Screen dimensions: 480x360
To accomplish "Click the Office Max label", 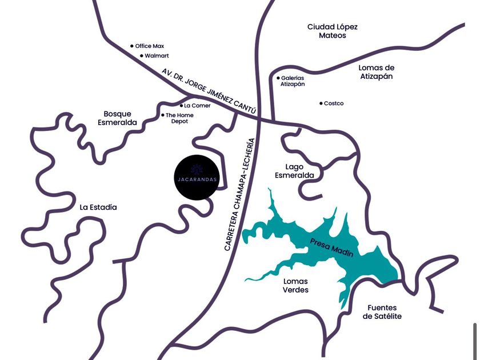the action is pyautogui.click(x=149, y=46).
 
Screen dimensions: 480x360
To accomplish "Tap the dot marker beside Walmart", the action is pyautogui.click(x=142, y=56).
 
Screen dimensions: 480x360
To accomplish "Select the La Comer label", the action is pyautogui.click(x=197, y=106).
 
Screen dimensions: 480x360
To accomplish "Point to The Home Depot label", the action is pyautogui.click(x=179, y=118).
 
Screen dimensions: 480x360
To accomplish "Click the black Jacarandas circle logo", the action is pyautogui.click(x=197, y=177).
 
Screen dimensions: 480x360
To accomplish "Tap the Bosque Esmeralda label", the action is pyautogui.click(x=117, y=118).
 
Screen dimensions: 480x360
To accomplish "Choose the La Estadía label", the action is pyautogui.click(x=98, y=207).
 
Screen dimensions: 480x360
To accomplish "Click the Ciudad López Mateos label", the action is pyautogui.click(x=333, y=31).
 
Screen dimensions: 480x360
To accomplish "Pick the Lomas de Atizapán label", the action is pyautogui.click(x=376, y=72).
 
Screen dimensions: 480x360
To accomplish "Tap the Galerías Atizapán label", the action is pyautogui.click(x=293, y=81).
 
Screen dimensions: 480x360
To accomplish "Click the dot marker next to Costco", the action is pyautogui.click(x=321, y=103).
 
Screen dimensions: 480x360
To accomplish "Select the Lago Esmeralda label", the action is pyautogui.click(x=294, y=171).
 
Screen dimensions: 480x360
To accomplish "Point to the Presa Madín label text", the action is pyautogui.click(x=331, y=247).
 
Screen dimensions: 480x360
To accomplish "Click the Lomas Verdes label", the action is pyautogui.click(x=295, y=286).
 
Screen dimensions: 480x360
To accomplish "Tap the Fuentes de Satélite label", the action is pyautogui.click(x=382, y=312).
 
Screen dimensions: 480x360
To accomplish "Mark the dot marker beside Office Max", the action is pyautogui.click(x=132, y=46).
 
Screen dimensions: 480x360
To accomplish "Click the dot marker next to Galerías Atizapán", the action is pyautogui.click(x=278, y=78).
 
